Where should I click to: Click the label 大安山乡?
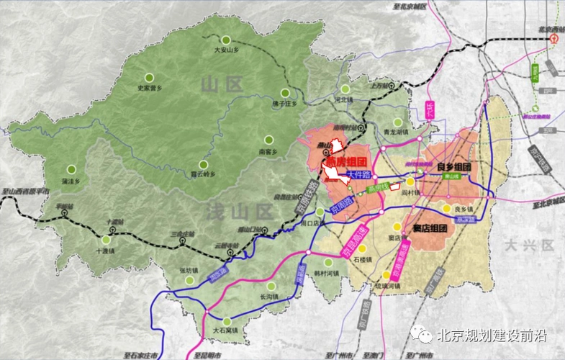[227, 50]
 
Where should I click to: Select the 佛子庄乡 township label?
[284, 104]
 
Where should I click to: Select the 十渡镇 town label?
[106, 251]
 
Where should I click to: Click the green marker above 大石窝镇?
[227, 322]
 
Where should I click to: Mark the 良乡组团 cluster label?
[453, 166]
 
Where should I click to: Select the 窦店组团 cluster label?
[430, 229]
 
